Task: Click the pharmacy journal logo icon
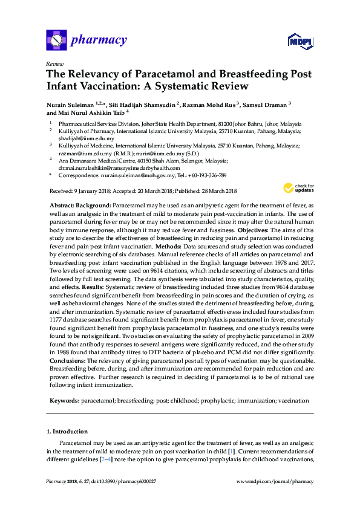coord(56,41)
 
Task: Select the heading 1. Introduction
coord(67,431)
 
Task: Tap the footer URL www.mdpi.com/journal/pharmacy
coord(275,481)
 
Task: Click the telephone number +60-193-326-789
coord(205,175)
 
